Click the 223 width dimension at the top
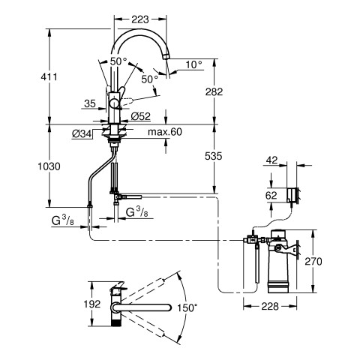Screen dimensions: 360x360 [x=140, y=19]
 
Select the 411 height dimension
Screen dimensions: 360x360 [x=49, y=76]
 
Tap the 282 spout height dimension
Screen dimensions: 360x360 [x=214, y=91]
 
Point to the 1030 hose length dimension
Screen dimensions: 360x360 [x=49, y=166]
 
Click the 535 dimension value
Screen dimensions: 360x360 [x=213, y=156]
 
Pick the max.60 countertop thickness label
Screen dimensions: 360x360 [x=165, y=132]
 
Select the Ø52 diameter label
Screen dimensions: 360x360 [x=141, y=116]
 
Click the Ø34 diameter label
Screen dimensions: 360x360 [x=82, y=134]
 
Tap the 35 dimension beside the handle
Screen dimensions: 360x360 [x=90, y=103]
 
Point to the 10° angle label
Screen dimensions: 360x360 [x=193, y=64]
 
